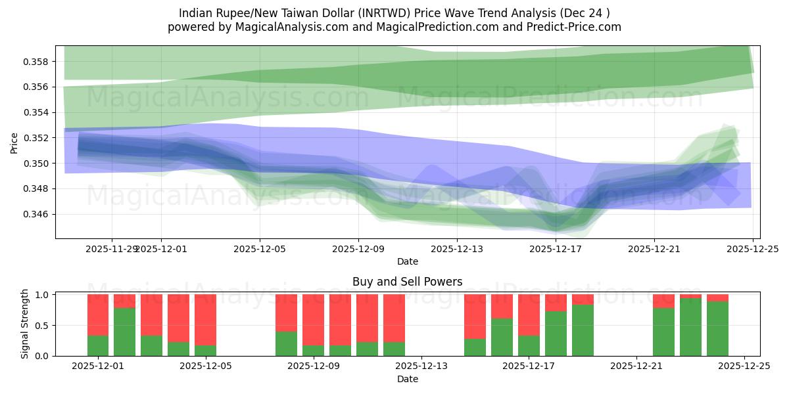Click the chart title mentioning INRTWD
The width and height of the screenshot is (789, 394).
pos(394,13)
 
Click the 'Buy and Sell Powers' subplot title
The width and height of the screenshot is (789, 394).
pos(407,282)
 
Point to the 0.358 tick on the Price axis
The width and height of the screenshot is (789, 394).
pos(37,62)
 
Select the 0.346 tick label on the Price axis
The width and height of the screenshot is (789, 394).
pos(37,214)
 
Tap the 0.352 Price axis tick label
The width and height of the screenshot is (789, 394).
pos(37,138)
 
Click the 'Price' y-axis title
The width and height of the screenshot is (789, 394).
pos(14,142)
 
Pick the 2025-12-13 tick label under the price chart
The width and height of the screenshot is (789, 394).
pos(457,249)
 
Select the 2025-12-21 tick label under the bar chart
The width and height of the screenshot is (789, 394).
pos(636,366)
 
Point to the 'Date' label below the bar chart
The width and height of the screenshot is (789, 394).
pos(407,379)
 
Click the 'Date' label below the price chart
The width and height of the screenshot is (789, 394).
pos(407,261)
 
